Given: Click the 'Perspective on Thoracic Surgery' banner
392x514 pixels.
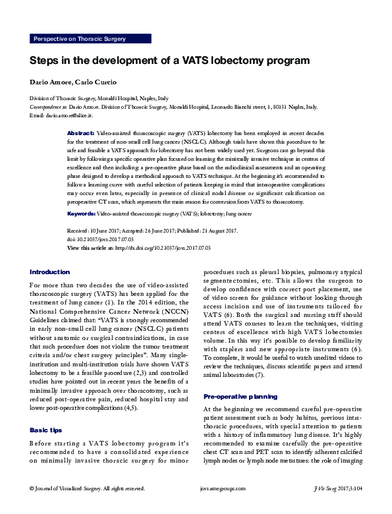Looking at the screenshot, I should click(x=79, y=39).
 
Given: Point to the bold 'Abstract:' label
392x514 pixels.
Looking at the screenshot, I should click(x=81, y=133).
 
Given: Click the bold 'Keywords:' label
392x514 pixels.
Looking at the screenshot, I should click(x=82, y=215).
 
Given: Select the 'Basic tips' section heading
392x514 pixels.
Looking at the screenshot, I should click(x=46, y=430).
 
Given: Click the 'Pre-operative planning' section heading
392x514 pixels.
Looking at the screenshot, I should click(x=240, y=397).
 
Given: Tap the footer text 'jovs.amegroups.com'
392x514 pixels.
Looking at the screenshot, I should click(x=222, y=506).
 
